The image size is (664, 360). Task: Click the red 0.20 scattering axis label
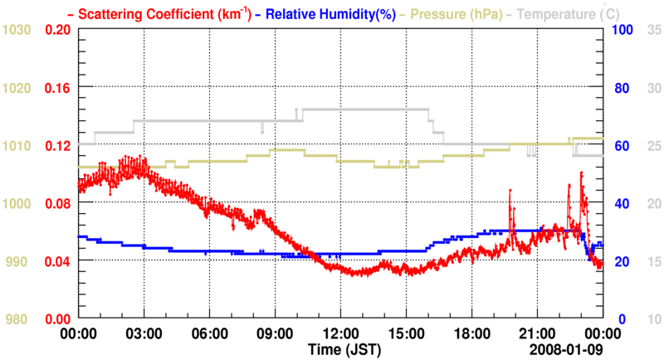(x=56, y=30)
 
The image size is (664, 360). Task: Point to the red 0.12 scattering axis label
(x=56, y=146)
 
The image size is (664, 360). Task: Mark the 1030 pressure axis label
(x=17, y=30)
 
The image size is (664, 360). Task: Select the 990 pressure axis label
(x=17, y=261)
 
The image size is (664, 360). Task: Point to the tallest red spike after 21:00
(x=581, y=173)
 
